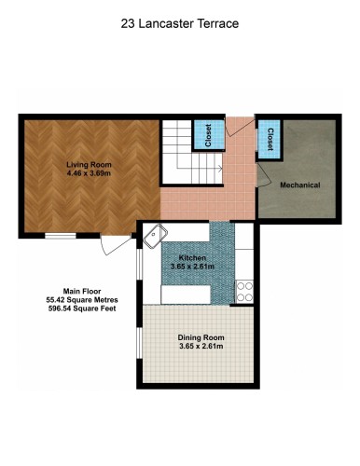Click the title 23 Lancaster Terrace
pyautogui.click(x=180, y=24)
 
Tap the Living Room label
pyautogui.click(x=89, y=163)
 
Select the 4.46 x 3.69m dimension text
pyautogui.click(x=89, y=172)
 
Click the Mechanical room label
pyautogui.click(x=300, y=185)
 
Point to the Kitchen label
pyautogui.click(x=192, y=257)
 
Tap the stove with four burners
pyautogui.click(x=244, y=291)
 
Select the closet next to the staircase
pyautogui.click(x=205, y=136)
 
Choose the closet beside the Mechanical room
pyautogui.click(x=269, y=140)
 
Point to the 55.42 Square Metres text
pyautogui.click(x=80, y=300)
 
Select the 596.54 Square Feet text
pyautogui.click(x=80, y=308)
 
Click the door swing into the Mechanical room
pyautogui.click(x=264, y=172)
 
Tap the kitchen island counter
pyautogui.click(x=196, y=295)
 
